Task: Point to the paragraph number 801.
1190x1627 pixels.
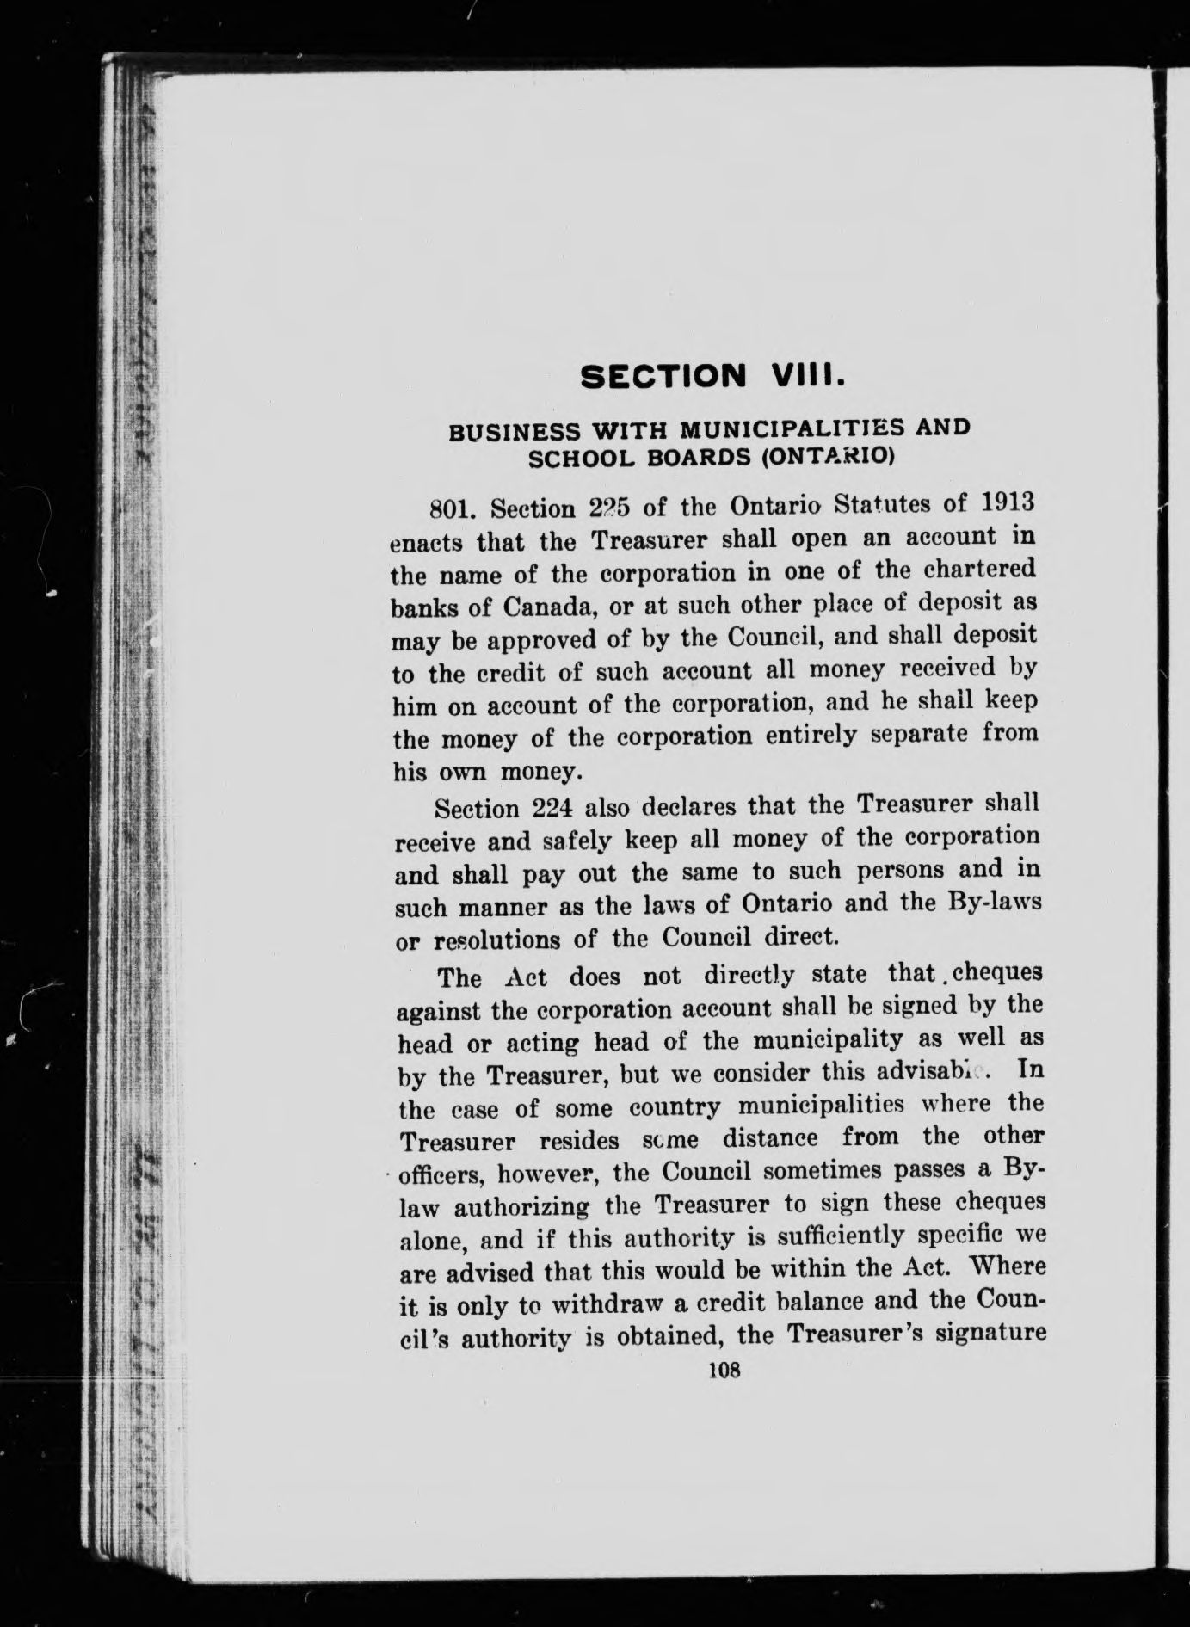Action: pos(453,507)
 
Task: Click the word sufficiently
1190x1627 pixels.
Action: pos(851,1236)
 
